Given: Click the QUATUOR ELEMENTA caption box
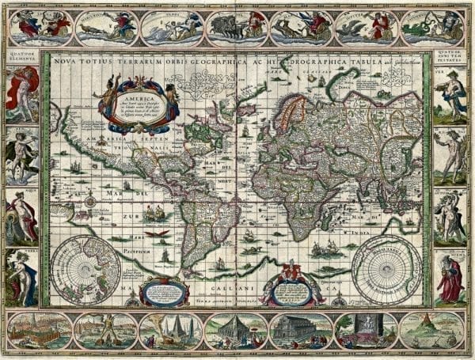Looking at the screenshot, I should tap(21, 56).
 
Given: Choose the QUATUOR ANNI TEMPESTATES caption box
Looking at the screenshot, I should tap(452, 56).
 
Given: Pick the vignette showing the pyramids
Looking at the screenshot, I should tap(171, 329).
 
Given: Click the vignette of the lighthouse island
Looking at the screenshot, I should tap(431, 329).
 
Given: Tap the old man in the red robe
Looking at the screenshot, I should tap(450, 277).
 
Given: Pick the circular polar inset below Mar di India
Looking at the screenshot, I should tap(387, 269).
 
